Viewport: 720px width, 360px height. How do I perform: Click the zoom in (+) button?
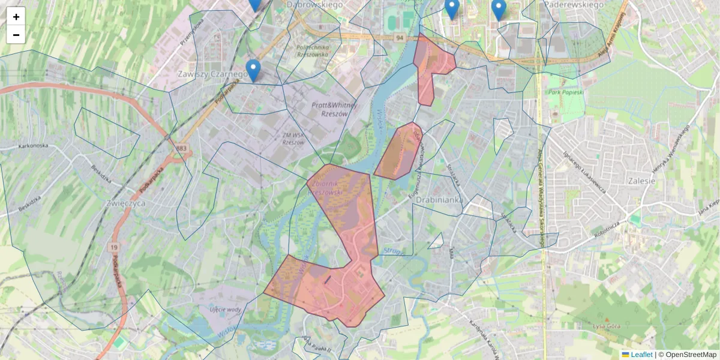tap(16, 16)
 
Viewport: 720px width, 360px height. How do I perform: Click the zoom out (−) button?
tap(16, 35)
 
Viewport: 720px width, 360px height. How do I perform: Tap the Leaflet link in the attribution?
tap(641, 355)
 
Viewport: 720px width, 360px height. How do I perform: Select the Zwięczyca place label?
tap(125, 203)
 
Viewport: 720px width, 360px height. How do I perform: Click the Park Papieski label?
tap(566, 92)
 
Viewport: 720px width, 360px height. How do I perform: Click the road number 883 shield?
tap(181, 148)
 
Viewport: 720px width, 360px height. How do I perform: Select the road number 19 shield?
tap(113, 247)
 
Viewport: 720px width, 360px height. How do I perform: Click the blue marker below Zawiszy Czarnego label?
tap(254, 70)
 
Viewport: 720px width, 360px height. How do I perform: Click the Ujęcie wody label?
tap(225, 310)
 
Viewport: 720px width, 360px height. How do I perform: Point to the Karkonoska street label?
tap(32, 146)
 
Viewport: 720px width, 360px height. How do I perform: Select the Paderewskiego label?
tap(573, 4)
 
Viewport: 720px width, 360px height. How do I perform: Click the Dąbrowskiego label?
tap(314, 4)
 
